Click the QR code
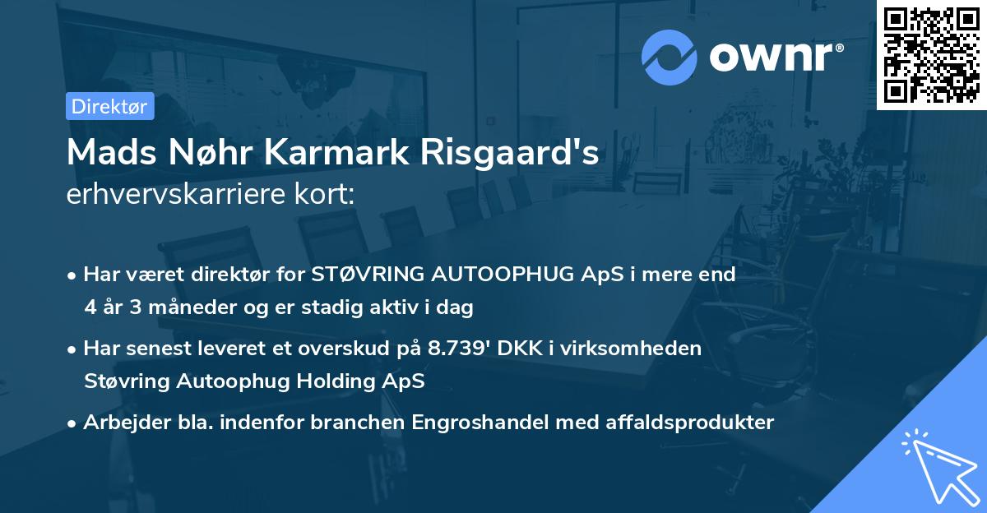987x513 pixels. (932, 54)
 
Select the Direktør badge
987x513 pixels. (109, 106)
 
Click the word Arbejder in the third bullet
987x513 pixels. (120, 423)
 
